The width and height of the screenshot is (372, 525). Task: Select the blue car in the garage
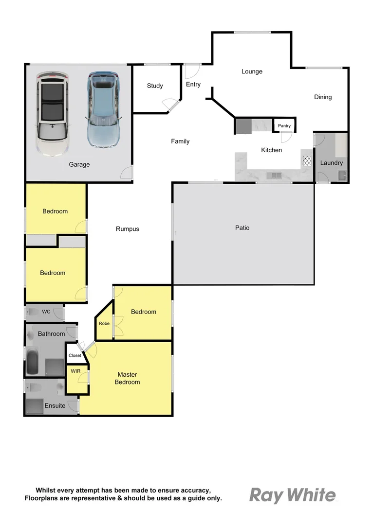[103, 110]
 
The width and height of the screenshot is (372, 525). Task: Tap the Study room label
[155, 86]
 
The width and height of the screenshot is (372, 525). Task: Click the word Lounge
[252, 71]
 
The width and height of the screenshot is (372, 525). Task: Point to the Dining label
[322, 97]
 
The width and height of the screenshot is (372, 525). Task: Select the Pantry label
[284, 126]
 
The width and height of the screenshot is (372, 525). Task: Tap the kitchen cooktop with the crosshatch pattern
[307, 161]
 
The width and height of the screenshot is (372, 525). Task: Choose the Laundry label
[331, 163]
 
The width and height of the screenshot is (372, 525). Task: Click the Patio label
[242, 227]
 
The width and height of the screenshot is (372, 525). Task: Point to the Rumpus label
[128, 228]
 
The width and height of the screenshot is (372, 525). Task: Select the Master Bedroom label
[127, 378]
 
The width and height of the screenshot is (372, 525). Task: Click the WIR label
[76, 371]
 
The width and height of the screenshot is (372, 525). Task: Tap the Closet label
[75, 355]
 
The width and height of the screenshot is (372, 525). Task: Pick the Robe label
[104, 323]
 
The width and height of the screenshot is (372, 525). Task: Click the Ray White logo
[293, 495]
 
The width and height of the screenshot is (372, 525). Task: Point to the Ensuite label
[55, 405]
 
